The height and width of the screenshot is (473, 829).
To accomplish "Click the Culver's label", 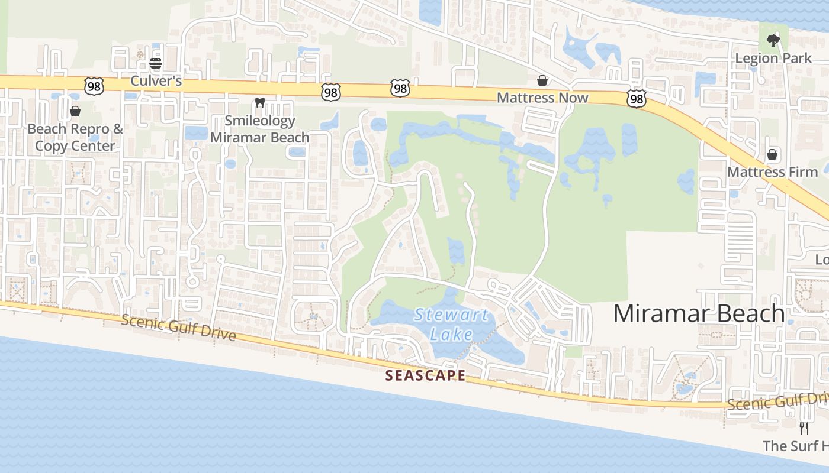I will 156,80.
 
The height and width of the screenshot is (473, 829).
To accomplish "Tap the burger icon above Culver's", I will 156,63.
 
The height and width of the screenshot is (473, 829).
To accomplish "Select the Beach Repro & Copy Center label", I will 75,137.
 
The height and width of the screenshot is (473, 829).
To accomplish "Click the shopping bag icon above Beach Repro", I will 75,111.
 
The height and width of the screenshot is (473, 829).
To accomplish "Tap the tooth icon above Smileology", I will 259,102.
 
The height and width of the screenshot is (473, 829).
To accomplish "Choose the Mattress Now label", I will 542,98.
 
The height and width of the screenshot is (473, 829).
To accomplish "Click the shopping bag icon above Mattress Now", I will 542,80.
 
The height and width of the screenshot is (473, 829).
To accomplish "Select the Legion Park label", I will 773,58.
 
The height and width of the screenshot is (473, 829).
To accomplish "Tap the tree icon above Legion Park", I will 773,41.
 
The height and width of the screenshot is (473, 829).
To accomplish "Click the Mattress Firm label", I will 772,172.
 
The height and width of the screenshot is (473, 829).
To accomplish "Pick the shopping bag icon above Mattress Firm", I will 772,154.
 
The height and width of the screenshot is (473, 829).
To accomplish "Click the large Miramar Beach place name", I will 699,313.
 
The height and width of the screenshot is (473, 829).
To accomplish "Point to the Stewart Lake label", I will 452,324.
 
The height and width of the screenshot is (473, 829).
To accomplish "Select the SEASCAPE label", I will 425,375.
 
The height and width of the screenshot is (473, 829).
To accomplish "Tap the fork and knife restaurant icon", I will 804,428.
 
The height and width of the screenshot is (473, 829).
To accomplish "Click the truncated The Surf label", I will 795,446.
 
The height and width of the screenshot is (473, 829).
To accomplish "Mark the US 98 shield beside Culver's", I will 94,86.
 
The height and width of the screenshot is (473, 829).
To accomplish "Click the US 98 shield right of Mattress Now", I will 637,99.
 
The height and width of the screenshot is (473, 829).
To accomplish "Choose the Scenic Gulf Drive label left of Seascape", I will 179,328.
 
